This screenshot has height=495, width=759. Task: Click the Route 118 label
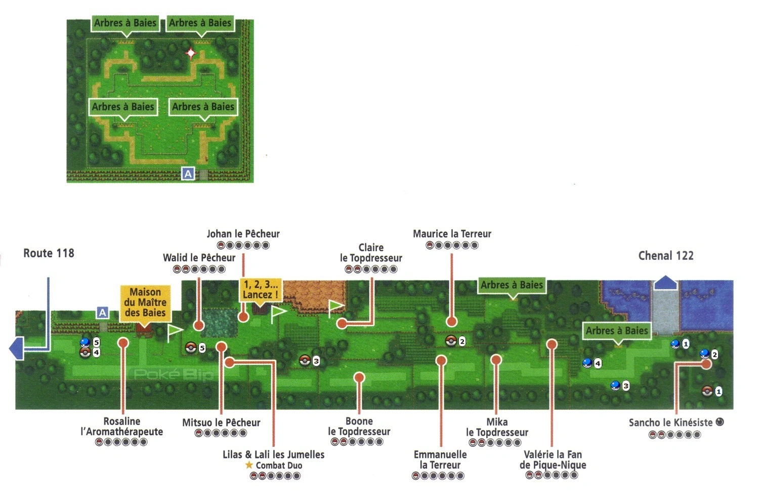(49, 253)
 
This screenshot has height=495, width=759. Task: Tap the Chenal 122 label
(666, 255)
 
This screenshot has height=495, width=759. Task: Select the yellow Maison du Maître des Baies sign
(145, 302)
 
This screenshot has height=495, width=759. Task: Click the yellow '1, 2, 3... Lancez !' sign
(260, 289)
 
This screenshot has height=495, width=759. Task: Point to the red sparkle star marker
(191, 53)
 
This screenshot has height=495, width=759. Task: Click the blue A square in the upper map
(188, 174)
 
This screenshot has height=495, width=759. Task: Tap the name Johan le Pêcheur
(243, 234)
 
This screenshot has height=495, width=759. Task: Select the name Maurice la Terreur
(452, 234)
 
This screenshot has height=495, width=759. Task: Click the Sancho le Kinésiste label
(671, 423)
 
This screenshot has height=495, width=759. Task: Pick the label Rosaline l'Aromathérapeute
(122, 427)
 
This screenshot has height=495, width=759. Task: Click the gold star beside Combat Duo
(249, 465)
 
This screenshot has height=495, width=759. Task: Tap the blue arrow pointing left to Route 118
(16, 349)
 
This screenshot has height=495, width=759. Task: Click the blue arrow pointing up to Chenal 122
(666, 283)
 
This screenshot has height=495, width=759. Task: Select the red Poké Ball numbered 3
(305, 360)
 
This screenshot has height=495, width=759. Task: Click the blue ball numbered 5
(85, 342)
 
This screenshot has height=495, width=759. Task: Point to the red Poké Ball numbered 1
(707, 391)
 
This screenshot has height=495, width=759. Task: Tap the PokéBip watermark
(174, 374)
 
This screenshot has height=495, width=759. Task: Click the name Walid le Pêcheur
(199, 258)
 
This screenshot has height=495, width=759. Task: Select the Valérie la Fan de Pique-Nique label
(553, 460)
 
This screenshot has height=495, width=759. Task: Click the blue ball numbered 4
(587, 363)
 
